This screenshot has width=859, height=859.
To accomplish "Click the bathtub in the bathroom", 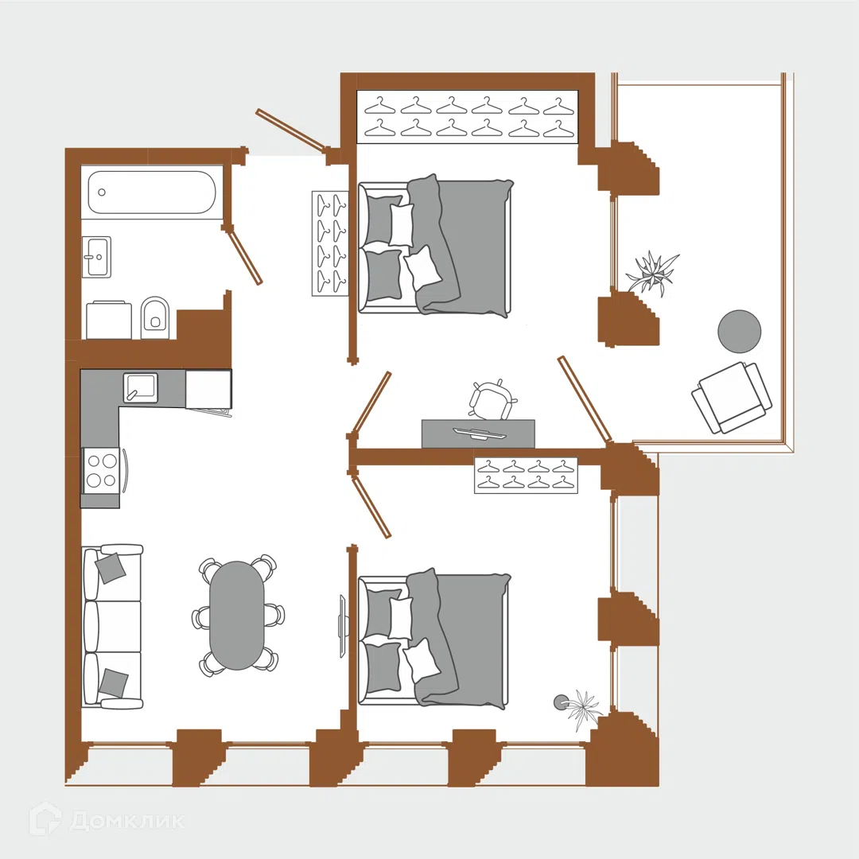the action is click(x=152, y=192).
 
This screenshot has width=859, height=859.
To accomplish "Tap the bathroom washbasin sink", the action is click(x=97, y=256).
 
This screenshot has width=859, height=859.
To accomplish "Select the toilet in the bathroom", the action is click(x=156, y=317).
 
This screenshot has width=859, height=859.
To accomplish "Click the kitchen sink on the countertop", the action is click(x=140, y=388).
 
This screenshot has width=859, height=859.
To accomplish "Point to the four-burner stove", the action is click(x=101, y=470).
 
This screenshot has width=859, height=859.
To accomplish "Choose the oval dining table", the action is click(x=237, y=615).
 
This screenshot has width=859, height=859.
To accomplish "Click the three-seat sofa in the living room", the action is click(x=112, y=627).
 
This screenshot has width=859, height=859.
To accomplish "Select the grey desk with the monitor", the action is click(x=478, y=434).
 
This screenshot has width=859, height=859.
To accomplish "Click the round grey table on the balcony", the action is click(x=739, y=332).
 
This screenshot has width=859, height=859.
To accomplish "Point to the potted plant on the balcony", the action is click(x=652, y=272).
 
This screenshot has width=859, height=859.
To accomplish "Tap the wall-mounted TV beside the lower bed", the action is click(x=342, y=626).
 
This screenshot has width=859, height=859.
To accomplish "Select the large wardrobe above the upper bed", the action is click(x=468, y=117).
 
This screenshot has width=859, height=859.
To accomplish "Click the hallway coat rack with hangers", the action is click(x=330, y=244).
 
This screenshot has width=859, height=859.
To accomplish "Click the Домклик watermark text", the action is click(x=127, y=820).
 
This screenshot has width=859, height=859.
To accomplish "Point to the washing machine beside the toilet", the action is click(x=109, y=320).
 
